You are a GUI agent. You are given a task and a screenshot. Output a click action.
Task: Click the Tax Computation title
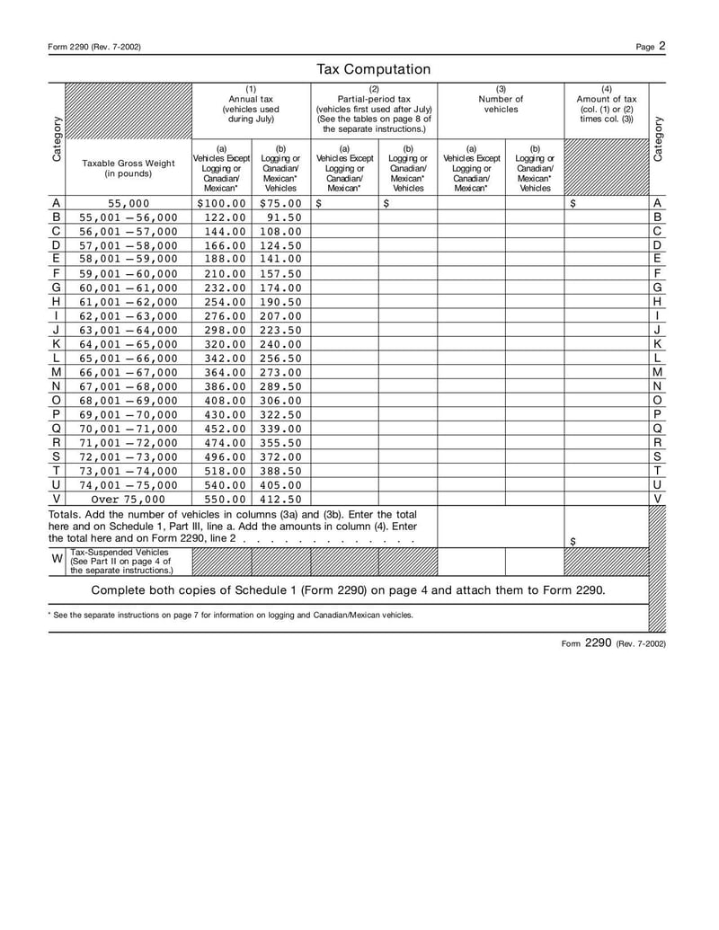pos(373,69)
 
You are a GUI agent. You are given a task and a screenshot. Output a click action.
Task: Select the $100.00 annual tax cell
pos(221,203)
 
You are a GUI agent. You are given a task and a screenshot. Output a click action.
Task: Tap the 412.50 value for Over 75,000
pos(280,499)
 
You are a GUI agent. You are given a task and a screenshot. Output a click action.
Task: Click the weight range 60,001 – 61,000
pos(129,288)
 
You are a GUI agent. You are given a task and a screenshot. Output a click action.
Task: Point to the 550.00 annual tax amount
pos(221,499)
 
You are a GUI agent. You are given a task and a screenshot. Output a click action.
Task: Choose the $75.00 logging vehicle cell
pos(280,203)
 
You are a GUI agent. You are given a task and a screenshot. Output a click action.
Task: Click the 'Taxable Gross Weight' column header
pos(129,168)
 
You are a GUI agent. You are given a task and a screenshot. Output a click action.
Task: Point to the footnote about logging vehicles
pos(231,616)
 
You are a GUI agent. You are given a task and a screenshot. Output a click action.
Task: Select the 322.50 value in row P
pos(280,414)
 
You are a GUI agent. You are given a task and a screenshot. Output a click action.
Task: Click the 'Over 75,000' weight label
pos(129,499)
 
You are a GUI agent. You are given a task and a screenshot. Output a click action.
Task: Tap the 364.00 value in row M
pos(221,372)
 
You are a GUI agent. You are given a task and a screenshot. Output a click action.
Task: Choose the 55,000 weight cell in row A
pos(129,203)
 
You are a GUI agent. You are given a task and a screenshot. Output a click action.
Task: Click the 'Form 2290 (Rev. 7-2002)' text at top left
pos(94,47)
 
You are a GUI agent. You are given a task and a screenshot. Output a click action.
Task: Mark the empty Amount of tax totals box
pos(606,526)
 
